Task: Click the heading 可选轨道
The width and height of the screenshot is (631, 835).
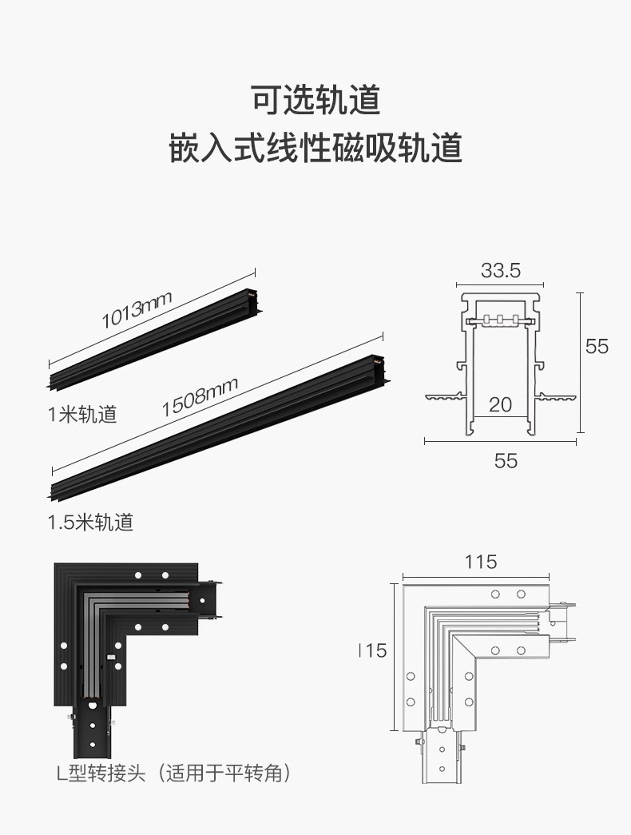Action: point(315,100)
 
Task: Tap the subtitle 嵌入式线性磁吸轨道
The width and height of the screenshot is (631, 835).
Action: point(315,149)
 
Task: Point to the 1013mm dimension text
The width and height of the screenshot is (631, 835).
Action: point(137,310)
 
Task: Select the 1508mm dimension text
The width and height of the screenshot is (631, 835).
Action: point(200,397)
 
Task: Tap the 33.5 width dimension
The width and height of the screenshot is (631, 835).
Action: point(500,271)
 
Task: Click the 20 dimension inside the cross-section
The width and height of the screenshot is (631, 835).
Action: point(500,404)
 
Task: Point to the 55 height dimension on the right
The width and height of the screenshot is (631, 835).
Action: point(597,346)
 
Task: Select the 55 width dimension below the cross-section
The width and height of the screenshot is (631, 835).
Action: point(506,461)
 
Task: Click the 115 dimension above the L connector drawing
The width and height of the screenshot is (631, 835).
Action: point(481,562)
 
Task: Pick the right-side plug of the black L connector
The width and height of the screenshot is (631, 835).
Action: point(208,599)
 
